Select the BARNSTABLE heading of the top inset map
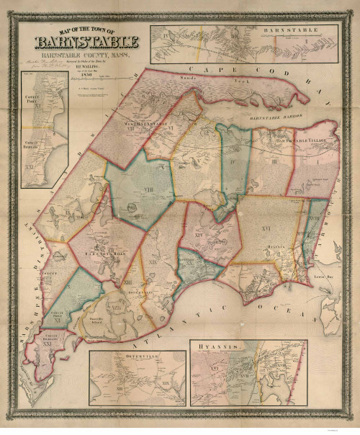tap(306, 31)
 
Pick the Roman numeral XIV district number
tap(196, 234)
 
